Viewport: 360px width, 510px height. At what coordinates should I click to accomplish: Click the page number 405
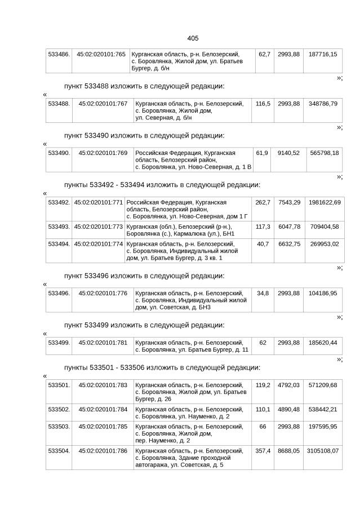(192, 38)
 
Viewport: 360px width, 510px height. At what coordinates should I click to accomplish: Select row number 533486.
(59, 54)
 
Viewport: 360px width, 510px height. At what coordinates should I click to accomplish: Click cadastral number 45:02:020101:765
(101, 54)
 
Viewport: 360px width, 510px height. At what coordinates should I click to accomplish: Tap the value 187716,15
(323, 54)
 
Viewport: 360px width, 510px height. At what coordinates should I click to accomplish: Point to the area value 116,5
(263, 104)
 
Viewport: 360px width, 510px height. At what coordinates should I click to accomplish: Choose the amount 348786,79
(323, 104)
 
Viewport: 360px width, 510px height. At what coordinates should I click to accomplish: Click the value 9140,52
(288, 153)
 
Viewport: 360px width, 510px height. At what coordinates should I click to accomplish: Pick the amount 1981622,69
(324, 202)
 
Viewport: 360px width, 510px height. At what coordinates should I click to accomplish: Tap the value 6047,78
(289, 226)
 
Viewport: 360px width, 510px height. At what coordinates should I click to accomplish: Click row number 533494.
(59, 243)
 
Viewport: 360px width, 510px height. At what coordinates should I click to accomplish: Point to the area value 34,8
(263, 293)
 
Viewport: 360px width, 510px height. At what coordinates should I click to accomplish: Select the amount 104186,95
(323, 293)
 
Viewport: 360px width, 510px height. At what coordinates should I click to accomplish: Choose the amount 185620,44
(323, 343)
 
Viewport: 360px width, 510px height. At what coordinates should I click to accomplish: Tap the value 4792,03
(288, 385)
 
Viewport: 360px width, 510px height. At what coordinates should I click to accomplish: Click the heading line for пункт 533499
(144, 325)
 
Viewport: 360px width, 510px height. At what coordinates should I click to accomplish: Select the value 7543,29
(289, 202)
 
